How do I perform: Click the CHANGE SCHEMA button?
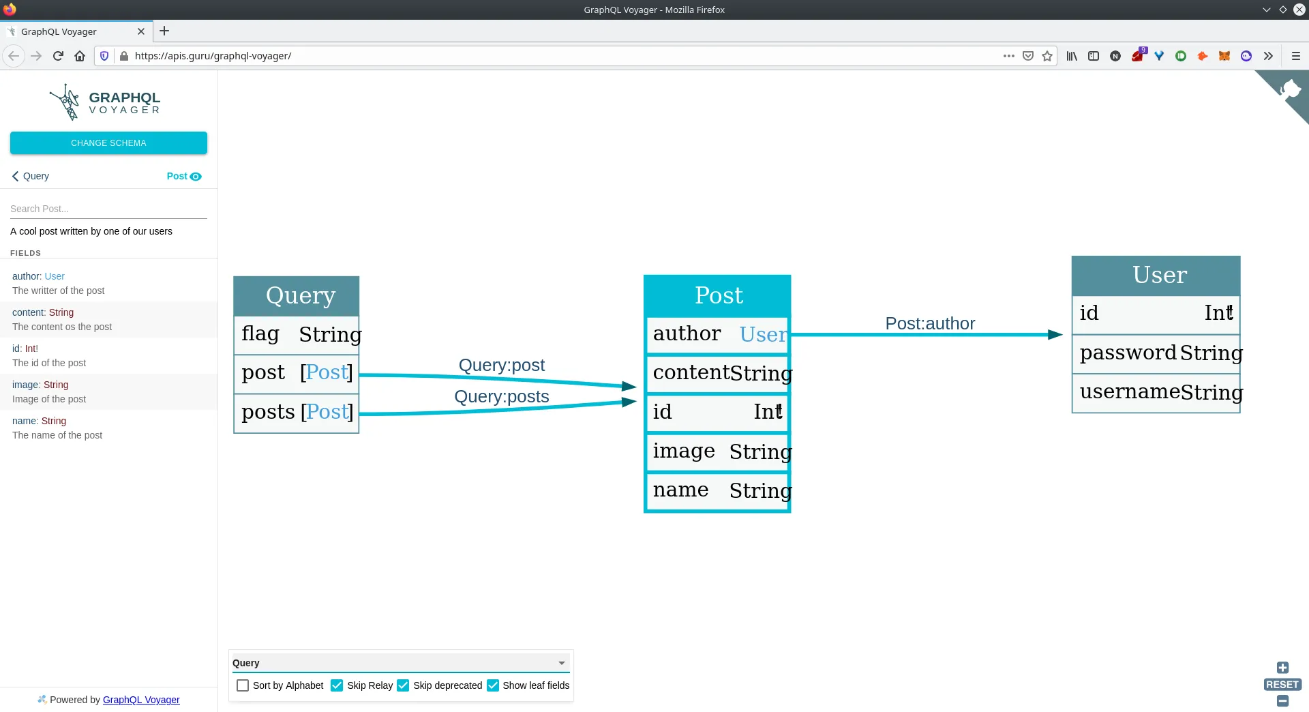coord(108,143)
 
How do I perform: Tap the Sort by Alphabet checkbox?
coord(243,685)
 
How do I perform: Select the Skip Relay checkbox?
coord(337,685)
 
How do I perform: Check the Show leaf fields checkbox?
coord(493,685)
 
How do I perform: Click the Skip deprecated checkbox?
coord(403,685)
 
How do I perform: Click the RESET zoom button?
coord(1282,685)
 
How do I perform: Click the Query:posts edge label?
coord(502,396)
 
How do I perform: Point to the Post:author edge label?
coord(930,323)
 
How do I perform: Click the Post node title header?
coord(717,296)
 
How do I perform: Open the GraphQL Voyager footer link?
coord(141,700)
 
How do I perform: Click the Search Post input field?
coord(108,209)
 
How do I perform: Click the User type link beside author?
coord(55,276)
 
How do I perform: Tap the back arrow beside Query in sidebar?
coord(15,176)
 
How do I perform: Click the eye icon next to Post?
coord(196,177)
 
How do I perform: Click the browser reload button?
coord(58,56)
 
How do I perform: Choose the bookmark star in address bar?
coord(1047,56)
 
